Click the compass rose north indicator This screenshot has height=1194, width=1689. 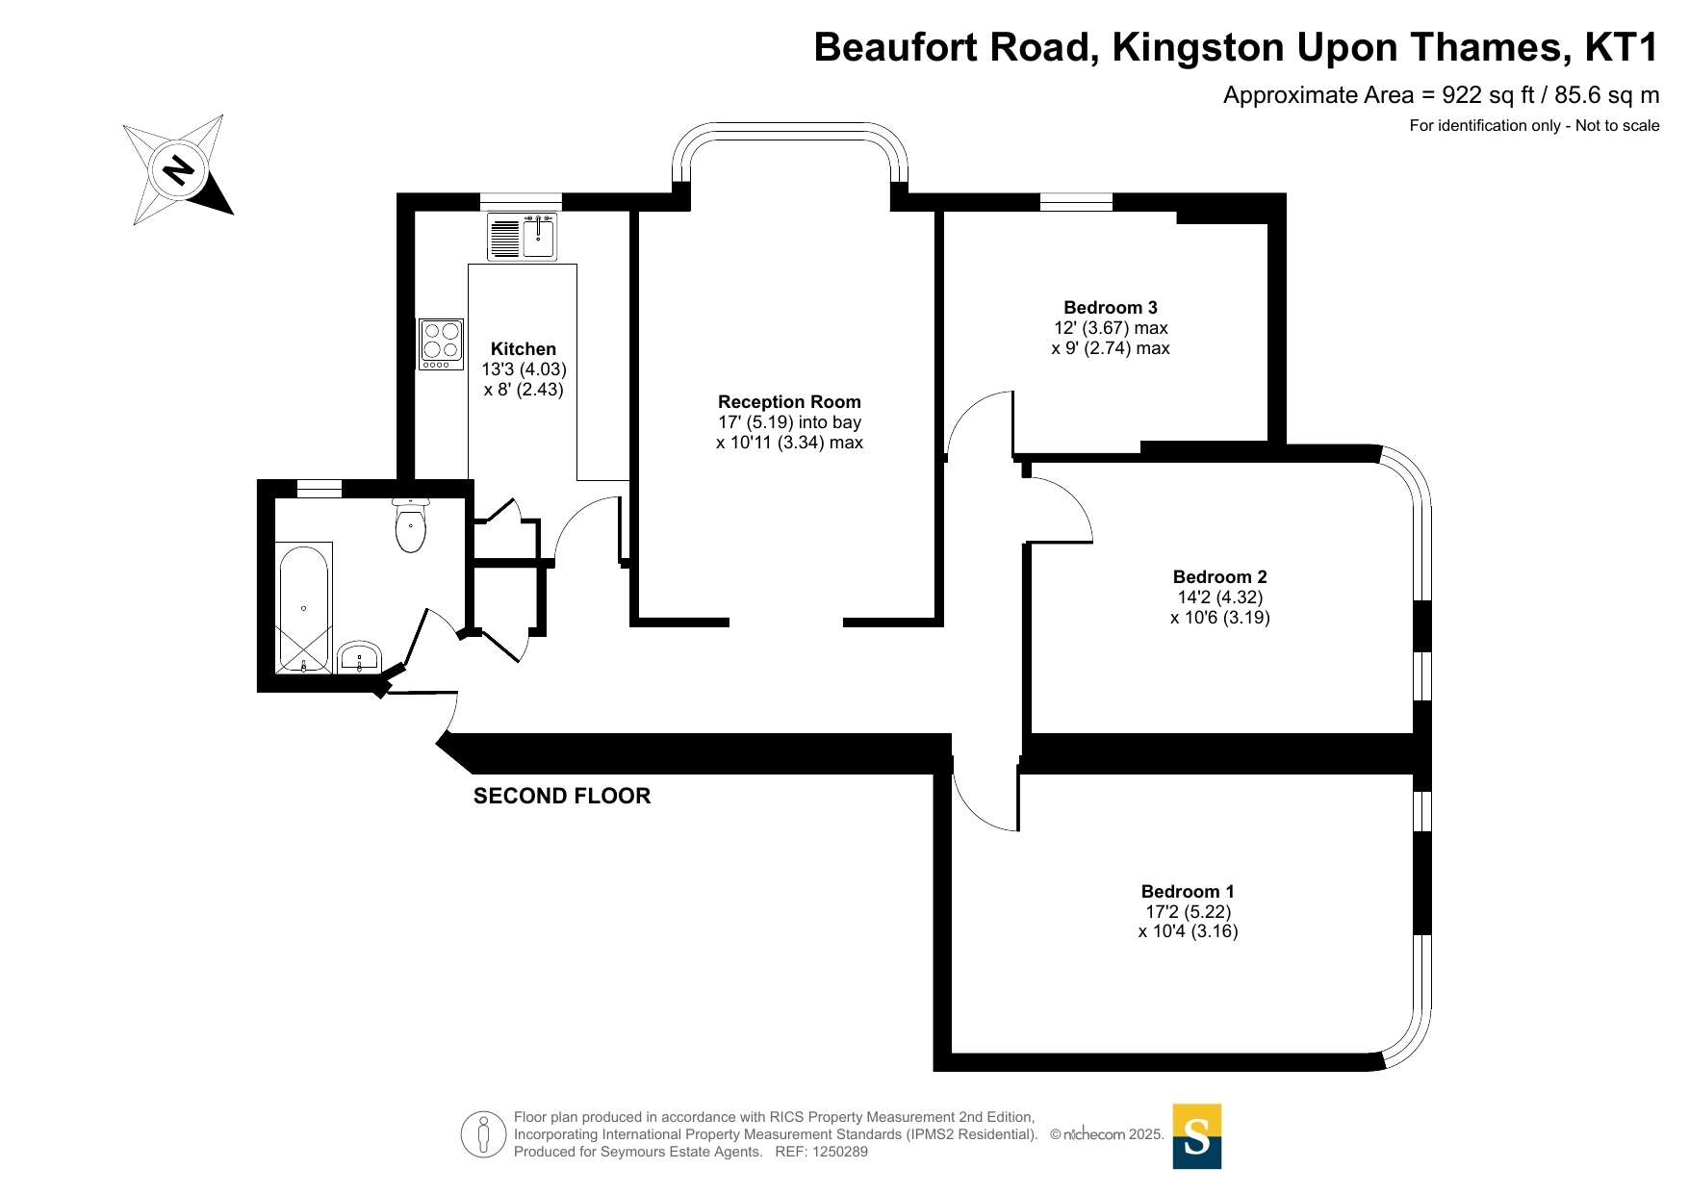(x=178, y=170)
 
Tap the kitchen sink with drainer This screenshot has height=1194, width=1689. (x=523, y=237)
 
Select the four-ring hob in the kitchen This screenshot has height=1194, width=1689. (x=441, y=343)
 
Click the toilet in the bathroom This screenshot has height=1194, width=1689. (x=411, y=524)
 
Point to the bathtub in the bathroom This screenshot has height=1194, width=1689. (x=304, y=608)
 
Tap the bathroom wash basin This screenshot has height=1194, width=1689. (x=360, y=657)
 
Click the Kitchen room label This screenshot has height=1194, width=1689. (x=524, y=349)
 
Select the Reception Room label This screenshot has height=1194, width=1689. (x=789, y=402)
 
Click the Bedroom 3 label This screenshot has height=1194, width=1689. (x=1111, y=308)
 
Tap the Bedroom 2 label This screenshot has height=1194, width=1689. (x=1219, y=577)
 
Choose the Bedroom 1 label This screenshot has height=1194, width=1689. (x=1188, y=892)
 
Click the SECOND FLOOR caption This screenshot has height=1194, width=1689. (x=562, y=796)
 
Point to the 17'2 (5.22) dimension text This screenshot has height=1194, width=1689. (x=1189, y=912)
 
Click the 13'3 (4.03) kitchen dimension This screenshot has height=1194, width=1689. (x=525, y=369)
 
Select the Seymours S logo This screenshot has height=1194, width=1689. (x=1196, y=1136)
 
